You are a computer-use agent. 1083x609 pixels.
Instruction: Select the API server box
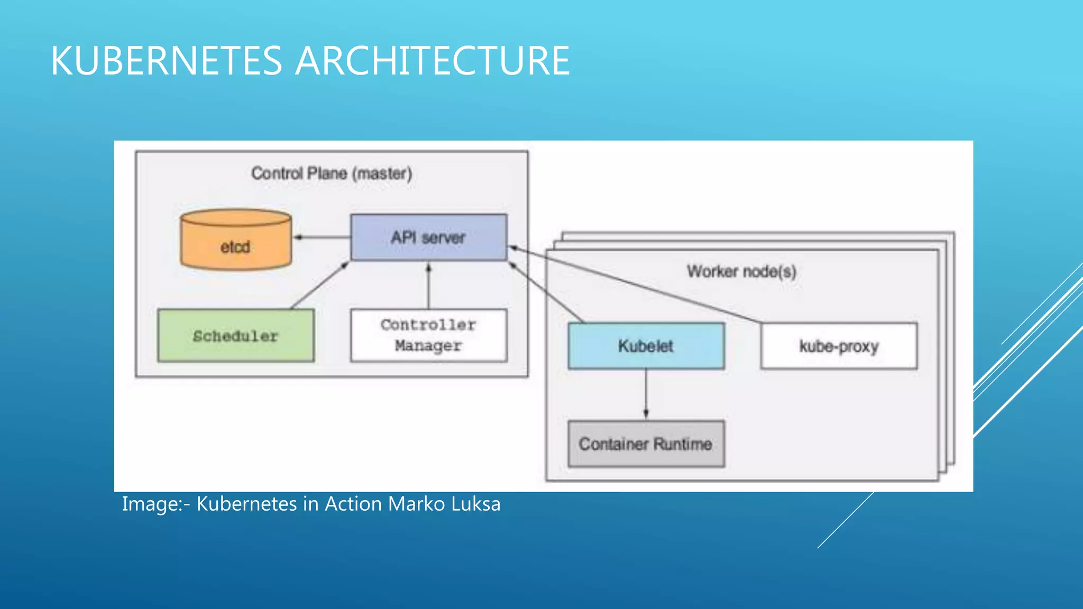click(428, 237)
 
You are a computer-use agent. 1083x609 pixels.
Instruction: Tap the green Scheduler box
click(236, 336)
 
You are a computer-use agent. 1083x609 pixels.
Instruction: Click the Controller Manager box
click(428, 335)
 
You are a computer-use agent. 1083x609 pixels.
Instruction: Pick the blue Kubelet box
click(646, 346)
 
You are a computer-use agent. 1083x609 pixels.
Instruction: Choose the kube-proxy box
click(839, 346)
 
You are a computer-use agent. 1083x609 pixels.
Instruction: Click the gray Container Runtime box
click(646, 444)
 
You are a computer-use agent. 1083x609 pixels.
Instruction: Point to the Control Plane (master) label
click(332, 173)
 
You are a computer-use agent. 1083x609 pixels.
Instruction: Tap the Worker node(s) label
click(741, 271)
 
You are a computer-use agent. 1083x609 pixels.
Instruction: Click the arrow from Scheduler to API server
click(319, 285)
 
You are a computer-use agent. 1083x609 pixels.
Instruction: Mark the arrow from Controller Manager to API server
click(429, 285)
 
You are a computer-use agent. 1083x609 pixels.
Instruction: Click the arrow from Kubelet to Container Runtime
click(646, 394)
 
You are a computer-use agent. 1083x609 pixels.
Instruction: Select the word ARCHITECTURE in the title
click(432, 61)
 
